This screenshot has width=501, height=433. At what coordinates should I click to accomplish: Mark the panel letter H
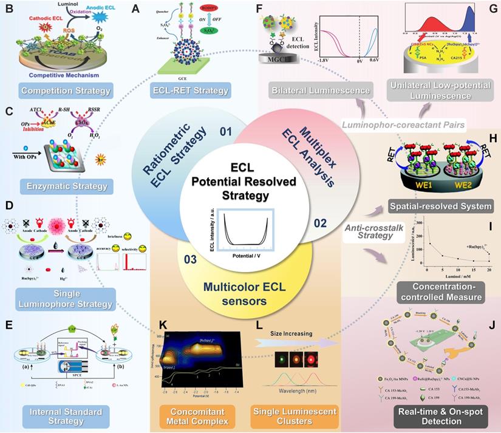click(493, 138)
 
